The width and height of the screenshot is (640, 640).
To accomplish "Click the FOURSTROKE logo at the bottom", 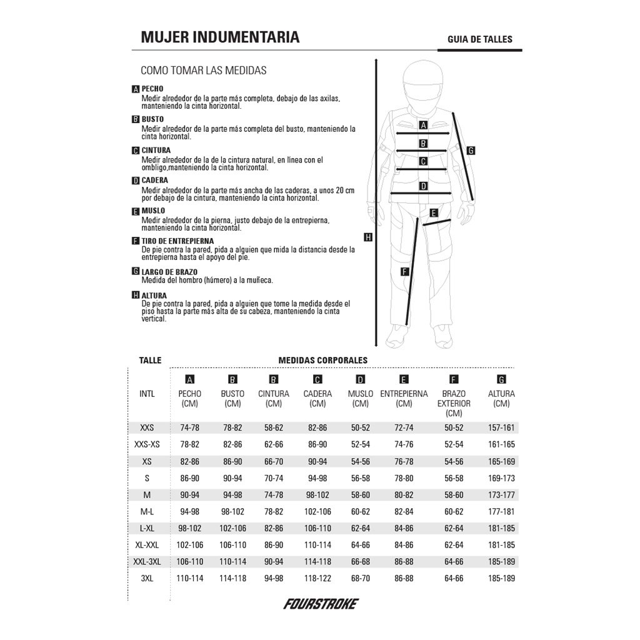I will click(x=321, y=604).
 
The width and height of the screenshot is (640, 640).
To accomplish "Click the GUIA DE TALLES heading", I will click(x=479, y=39).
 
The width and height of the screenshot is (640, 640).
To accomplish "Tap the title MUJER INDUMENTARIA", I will click(x=220, y=37).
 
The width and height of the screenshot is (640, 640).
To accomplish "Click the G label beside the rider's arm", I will click(x=471, y=150).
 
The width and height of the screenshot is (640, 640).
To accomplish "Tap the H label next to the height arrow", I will click(x=368, y=237).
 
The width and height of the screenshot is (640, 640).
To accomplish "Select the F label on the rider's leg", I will click(x=405, y=271).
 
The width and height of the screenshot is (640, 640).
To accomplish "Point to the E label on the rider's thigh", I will click(x=433, y=212).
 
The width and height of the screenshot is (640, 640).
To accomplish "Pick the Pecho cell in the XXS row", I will click(x=189, y=428).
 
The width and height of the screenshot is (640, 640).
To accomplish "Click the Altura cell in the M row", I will click(x=501, y=494).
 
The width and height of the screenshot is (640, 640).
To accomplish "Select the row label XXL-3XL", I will click(x=147, y=561).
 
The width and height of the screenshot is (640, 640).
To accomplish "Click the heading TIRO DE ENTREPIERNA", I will click(x=177, y=241).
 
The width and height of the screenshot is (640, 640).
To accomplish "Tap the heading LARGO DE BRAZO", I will click(x=169, y=272).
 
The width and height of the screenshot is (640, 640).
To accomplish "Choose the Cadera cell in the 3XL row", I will click(x=317, y=578).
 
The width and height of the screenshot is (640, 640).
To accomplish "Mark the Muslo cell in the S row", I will click(x=361, y=478).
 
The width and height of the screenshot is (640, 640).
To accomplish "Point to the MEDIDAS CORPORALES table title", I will click(x=322, y=360).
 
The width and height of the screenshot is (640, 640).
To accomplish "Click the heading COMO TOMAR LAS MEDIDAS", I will click(x=204, y=71).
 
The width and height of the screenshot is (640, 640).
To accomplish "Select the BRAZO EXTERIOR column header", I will click(x=454, y=403).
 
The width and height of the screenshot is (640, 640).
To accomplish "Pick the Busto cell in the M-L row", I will click(x=232, y=511).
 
